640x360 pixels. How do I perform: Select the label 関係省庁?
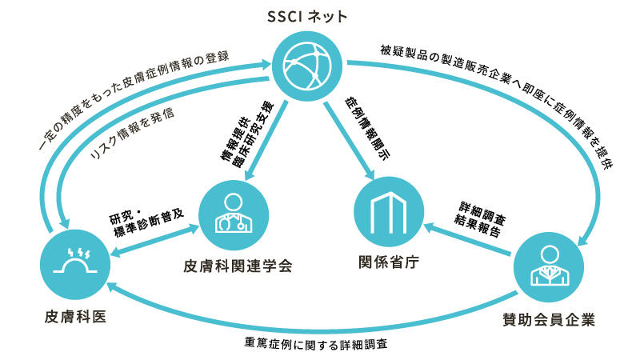point(390,262)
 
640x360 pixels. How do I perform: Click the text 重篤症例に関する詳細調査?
point(319,346)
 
